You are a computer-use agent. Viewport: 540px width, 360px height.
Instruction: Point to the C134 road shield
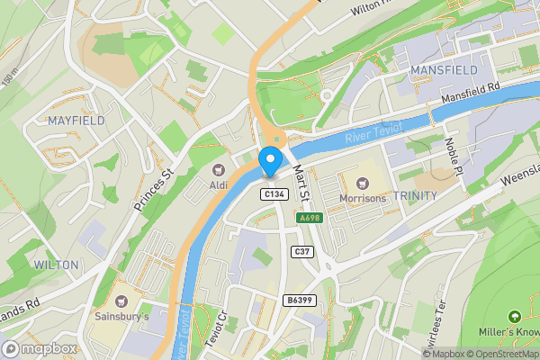274,194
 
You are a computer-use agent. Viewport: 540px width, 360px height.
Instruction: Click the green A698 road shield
310,218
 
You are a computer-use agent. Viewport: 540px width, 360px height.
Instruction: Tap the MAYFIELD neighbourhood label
76,120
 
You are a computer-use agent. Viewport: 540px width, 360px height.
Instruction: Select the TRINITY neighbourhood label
416,195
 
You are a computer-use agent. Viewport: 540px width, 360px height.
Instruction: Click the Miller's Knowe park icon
514,317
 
